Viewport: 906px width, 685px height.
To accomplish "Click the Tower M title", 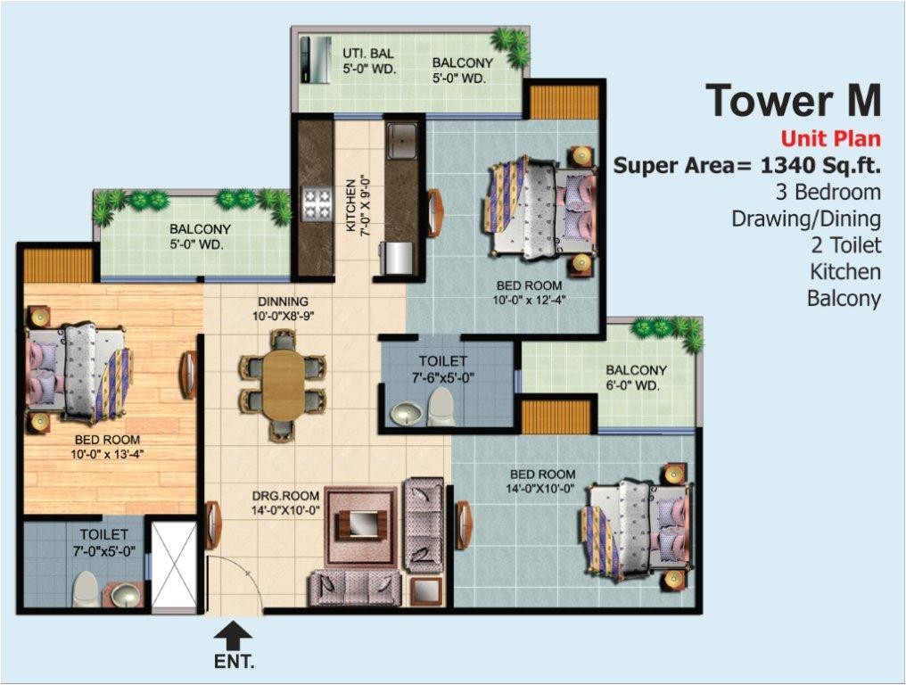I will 793,100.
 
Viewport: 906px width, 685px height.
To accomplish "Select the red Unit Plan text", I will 830,139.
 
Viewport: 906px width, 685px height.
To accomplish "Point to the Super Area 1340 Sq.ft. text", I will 746,166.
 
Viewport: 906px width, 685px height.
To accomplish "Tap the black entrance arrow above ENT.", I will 235,636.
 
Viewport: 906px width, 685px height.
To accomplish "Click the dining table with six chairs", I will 283,384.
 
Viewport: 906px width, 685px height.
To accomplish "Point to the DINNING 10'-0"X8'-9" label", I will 284,309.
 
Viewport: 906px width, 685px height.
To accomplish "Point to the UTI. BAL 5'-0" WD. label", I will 369,61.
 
